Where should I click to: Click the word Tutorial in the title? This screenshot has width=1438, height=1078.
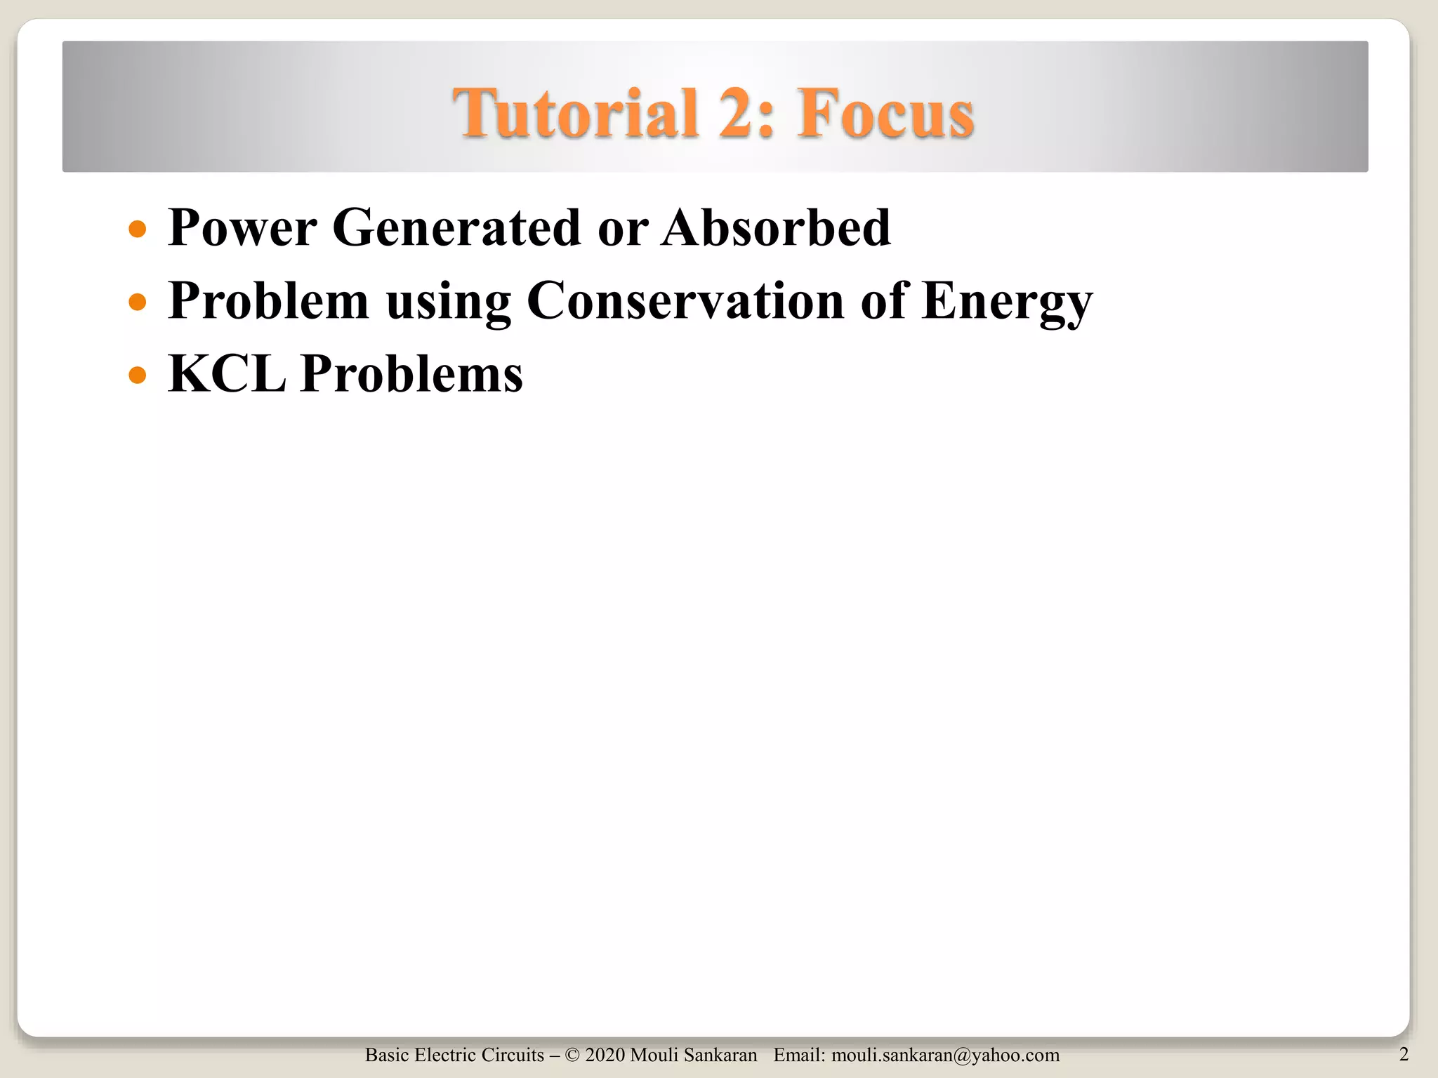pyautogui.click(x=576, y=114)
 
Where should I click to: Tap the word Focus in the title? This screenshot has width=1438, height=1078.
pyautogui.click(x=885, y=114)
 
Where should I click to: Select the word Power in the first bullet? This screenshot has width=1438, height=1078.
pyautogui.click(x=242, y=228)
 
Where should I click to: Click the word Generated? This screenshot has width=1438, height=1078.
pyautogui.click(x=456, y=228)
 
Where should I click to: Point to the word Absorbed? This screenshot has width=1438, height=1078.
pyautogui.click(x=776, y=228)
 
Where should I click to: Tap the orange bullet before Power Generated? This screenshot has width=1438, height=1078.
pyautogui.click(x=138, y=229)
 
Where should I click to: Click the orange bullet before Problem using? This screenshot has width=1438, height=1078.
pyautogui.click(x=138, y=302)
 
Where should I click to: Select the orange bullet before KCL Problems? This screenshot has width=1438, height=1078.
pyautogui.click(x=138, y=375)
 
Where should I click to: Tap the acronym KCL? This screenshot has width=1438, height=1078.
pyautogui.click(x=227, y=373)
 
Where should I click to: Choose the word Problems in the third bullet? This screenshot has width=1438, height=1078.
pyautogui.click(x=411, y=373)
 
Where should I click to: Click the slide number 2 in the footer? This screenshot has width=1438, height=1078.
pyautogui.click(x=1404, y=1054)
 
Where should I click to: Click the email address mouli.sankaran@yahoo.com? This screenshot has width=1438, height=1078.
pyautogui.click(x=945, y=1056)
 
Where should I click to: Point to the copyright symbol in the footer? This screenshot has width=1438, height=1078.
pyautogui.click(x=572, y=1056)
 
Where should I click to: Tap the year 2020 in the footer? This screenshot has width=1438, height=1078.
pyautogui.click(x=605, y=1056)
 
